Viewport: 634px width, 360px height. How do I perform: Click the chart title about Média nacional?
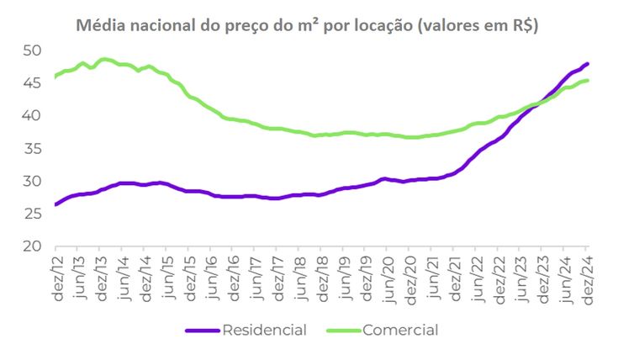[x=307, y=25]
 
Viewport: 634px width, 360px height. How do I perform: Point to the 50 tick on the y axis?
[x=31, y=50]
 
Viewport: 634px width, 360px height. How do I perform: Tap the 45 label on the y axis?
[x=31, y=83]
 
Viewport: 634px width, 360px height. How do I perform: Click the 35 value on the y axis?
[x=31, y=149]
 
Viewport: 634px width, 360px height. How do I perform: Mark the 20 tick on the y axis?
[x=31, y=247]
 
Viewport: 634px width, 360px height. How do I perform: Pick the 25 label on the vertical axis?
[x=31, y=214]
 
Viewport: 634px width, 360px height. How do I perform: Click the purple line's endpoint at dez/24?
[x=587, y=64]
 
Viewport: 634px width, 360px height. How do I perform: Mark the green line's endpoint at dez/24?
[x=587, y=81]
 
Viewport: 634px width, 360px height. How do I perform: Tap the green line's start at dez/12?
[x=55, y=77]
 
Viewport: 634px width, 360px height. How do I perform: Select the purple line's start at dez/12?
[x=55, y=204]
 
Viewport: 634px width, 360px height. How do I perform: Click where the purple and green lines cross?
[x=538, y=103]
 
